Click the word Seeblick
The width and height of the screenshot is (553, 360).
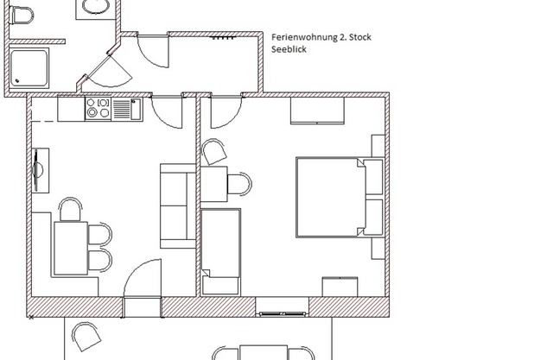pyautogui.click(x=289, y=50)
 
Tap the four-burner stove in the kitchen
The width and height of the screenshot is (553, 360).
pyautogui.click(x=97, y=109)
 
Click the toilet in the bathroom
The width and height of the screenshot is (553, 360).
pyautogui.click(x=23, y=15)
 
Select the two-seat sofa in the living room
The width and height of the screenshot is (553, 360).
pyautogui.click(x=176, y=205)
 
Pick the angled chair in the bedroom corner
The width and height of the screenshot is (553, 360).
pyautogui.click(x=214, y=153)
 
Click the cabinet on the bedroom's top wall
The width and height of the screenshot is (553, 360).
pyautogui.click(x=317, y=110)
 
